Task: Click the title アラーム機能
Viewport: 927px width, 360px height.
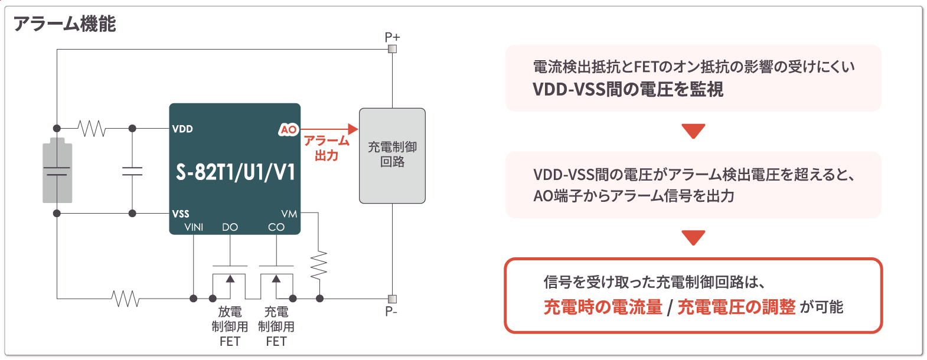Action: click(64, 24)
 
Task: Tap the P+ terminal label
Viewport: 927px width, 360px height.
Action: click(392, 37)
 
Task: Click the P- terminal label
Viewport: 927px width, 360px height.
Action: click(391, 311)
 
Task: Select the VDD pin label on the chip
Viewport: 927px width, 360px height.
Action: click(182, 129)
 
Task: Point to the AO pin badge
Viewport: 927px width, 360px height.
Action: click(289, 129)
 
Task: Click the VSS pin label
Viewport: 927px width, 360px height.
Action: click(181, 214)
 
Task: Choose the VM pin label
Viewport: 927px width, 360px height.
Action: click(289, 214)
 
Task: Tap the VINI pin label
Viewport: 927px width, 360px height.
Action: click(194, 227)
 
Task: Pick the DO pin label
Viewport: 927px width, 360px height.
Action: click(230, 227)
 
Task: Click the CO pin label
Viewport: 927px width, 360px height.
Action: click(276, 227)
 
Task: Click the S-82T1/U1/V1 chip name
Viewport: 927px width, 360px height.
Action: click(235, 172)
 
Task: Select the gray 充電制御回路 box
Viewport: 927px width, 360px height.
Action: click(392, 155)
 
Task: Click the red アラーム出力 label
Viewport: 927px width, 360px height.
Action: click(327, 148)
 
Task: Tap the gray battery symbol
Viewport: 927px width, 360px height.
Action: click(57, 171)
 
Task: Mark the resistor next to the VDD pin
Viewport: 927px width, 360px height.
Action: click(92, 128)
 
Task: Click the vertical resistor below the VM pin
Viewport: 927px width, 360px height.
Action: click(319, 265)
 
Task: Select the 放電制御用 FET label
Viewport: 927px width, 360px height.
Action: click(230, 326)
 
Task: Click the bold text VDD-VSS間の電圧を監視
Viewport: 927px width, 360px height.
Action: click(628, 89)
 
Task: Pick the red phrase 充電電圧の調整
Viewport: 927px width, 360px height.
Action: click(736, 307)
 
